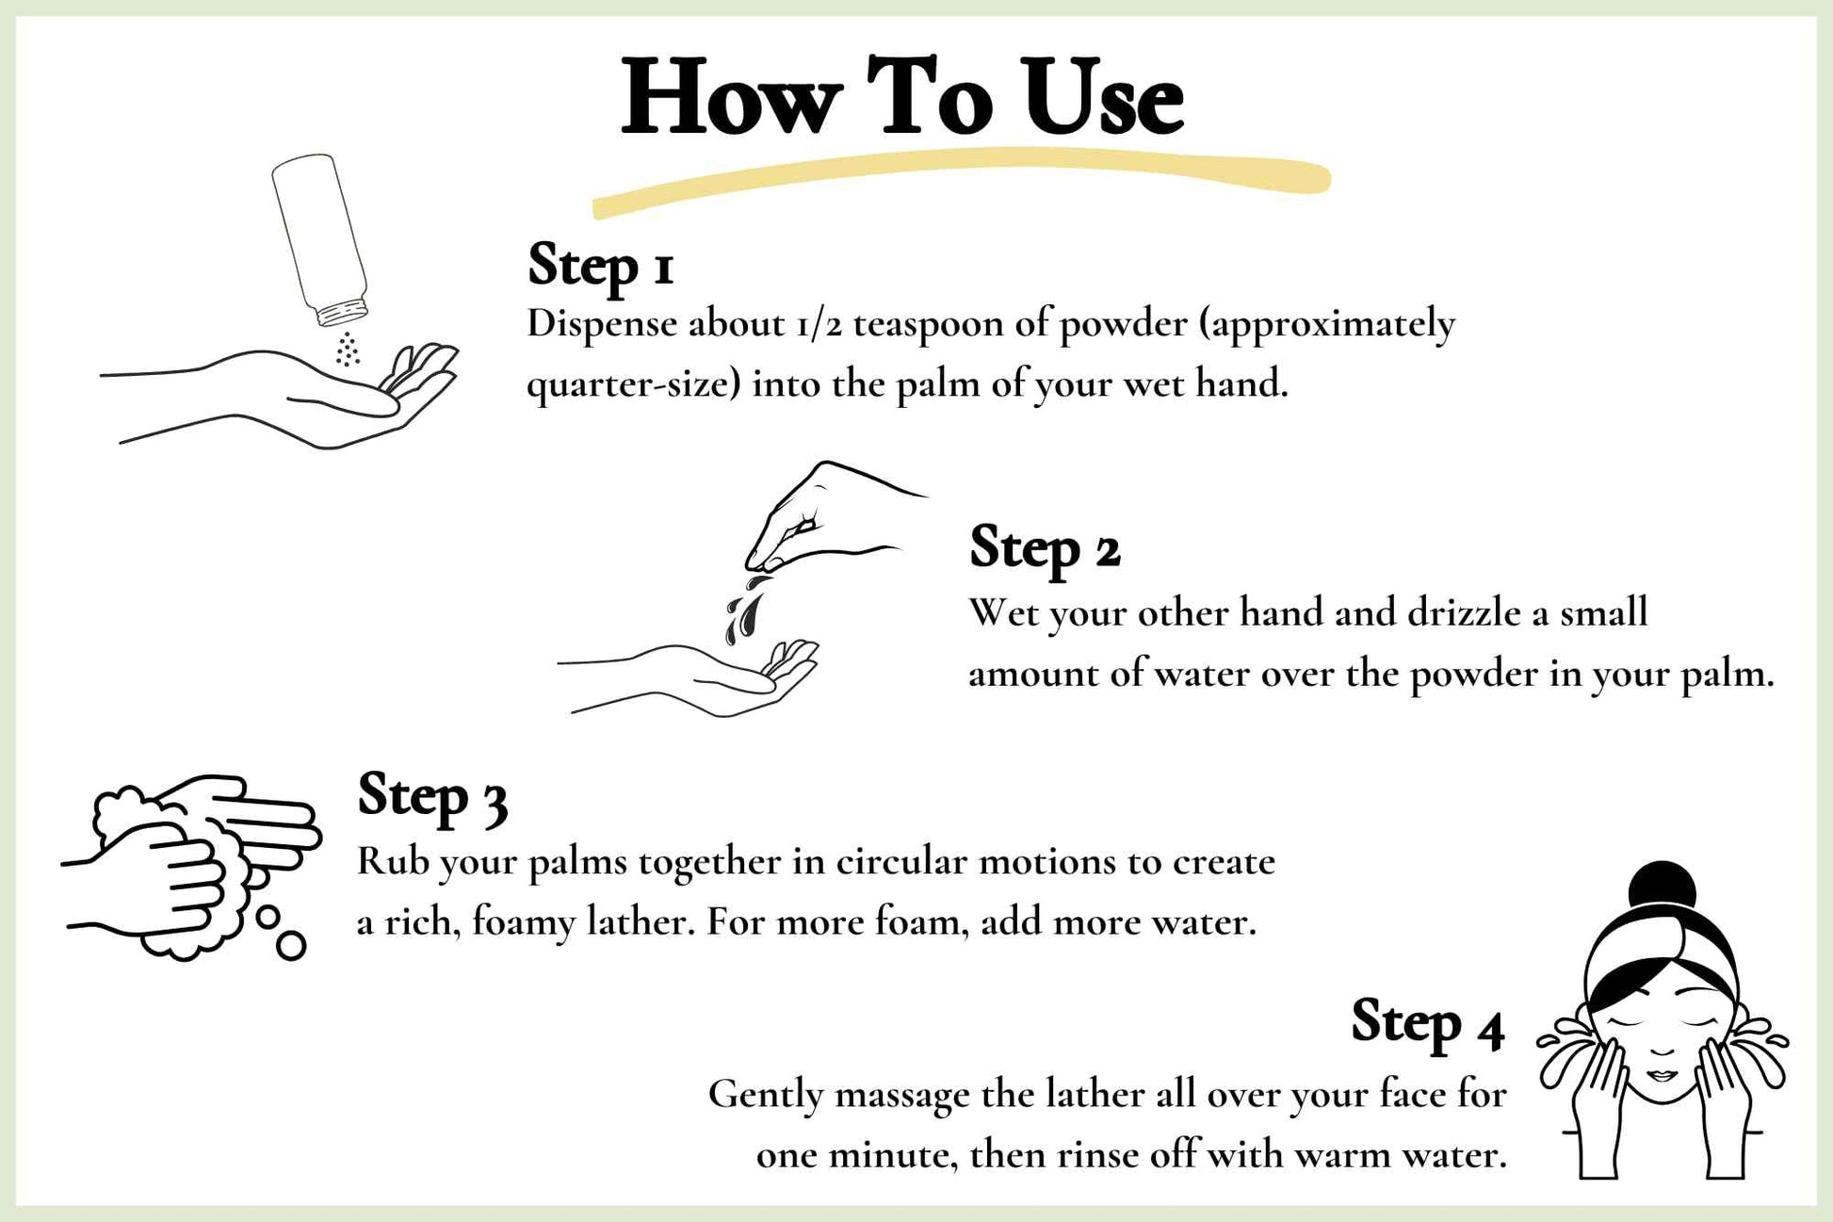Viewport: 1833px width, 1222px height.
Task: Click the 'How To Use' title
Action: (901, 98)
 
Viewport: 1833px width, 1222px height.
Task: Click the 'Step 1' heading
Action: (600, 265)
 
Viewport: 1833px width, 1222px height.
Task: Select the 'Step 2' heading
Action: (1045, 548)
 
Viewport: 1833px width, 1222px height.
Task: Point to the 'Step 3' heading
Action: (432, 796)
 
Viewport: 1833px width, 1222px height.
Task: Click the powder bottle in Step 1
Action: (319, 240)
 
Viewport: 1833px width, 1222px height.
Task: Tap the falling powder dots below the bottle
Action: (348, 349)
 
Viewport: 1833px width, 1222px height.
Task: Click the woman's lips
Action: (1663, 1075)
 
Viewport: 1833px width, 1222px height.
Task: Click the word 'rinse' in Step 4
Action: (1095, 1155)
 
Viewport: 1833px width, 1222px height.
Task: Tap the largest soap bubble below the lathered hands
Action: (291, 945)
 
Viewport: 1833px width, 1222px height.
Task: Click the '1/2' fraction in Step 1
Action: (818, 325)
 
